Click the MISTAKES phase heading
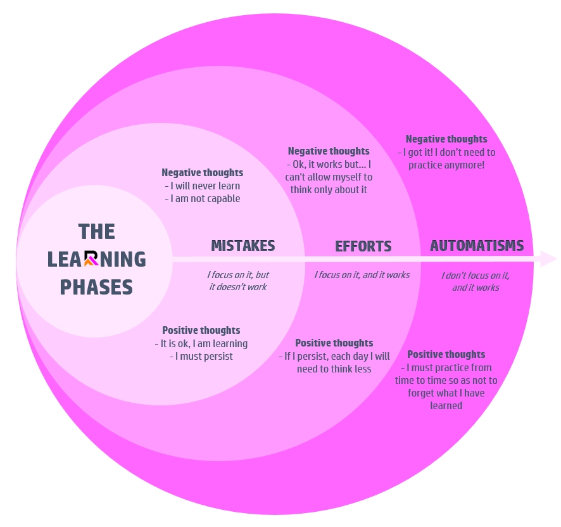[243, 246]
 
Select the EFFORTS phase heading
[363, 246]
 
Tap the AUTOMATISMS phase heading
[476, 245]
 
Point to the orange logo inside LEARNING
[91, 258]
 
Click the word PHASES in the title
[96, 287]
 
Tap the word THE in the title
[96, 231]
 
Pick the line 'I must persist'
[201, 357]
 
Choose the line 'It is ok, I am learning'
[201, 343]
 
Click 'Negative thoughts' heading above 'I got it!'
[446, 139]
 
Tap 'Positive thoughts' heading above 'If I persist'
[334, 343]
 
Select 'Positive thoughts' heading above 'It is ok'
[201, 331]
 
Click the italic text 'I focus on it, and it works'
[362, 275]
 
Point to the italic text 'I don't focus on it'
[476, 276]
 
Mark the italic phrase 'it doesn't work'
[237, 287]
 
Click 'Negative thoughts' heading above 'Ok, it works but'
[328, 151]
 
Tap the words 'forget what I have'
[446, 393]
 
